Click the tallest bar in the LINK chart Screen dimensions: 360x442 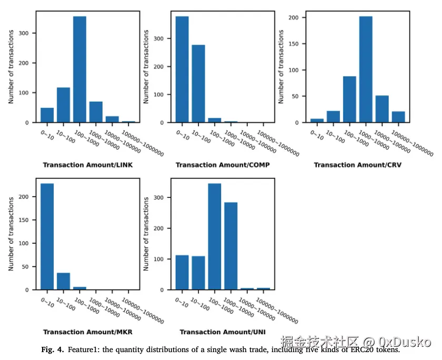point(79,69)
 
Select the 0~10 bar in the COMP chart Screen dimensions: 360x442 point(182,69)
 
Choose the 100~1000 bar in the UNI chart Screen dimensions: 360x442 point(214,236)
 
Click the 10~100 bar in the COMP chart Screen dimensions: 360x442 point(198,84)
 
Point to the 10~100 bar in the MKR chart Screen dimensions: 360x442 point(63,281)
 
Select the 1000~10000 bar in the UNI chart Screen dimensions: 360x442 point(230,246)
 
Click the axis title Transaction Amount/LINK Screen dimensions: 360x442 point(87,165)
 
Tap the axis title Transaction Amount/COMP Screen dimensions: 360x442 point(223,165)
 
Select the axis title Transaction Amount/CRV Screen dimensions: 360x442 point(358,165)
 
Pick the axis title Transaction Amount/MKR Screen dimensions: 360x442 point(87,332)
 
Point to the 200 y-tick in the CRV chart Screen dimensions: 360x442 point(295,17)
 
